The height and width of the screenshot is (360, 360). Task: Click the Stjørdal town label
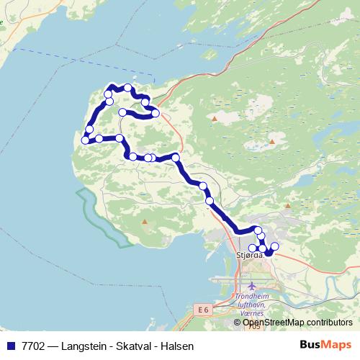coord(249,254)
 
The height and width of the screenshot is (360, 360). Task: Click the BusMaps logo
coord(324,346)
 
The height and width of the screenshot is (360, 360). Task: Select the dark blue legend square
coord(10,346)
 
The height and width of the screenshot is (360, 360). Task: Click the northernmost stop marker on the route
coord(127,88)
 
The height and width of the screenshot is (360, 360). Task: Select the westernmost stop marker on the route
coord(85,140)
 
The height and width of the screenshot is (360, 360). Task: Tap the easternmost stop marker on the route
coord(274,247)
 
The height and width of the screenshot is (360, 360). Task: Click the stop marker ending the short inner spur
coord(123,112)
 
